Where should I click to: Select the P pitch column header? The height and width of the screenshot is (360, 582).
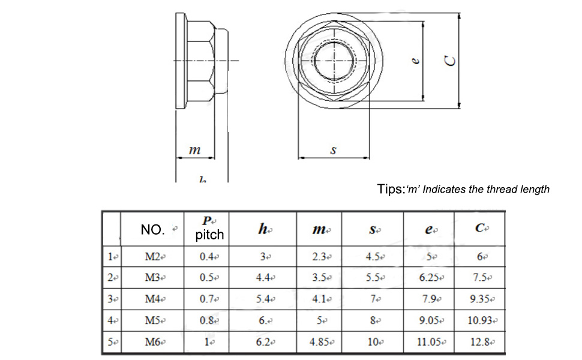[209, 229]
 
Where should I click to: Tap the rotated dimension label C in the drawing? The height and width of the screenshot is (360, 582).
[450, 60]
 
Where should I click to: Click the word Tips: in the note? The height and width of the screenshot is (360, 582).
[391, 190]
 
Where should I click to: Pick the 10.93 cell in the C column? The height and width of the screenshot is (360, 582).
[481, 320]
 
